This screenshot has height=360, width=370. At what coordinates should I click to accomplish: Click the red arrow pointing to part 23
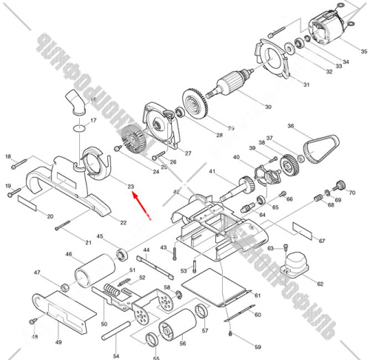click(x=142, y=207)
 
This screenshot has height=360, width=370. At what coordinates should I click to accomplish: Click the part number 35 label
click(x=363, y=51)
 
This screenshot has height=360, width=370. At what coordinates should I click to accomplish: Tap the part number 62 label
click(x=320, y=284)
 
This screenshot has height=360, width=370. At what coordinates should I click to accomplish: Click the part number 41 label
click(x=211, y=173)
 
